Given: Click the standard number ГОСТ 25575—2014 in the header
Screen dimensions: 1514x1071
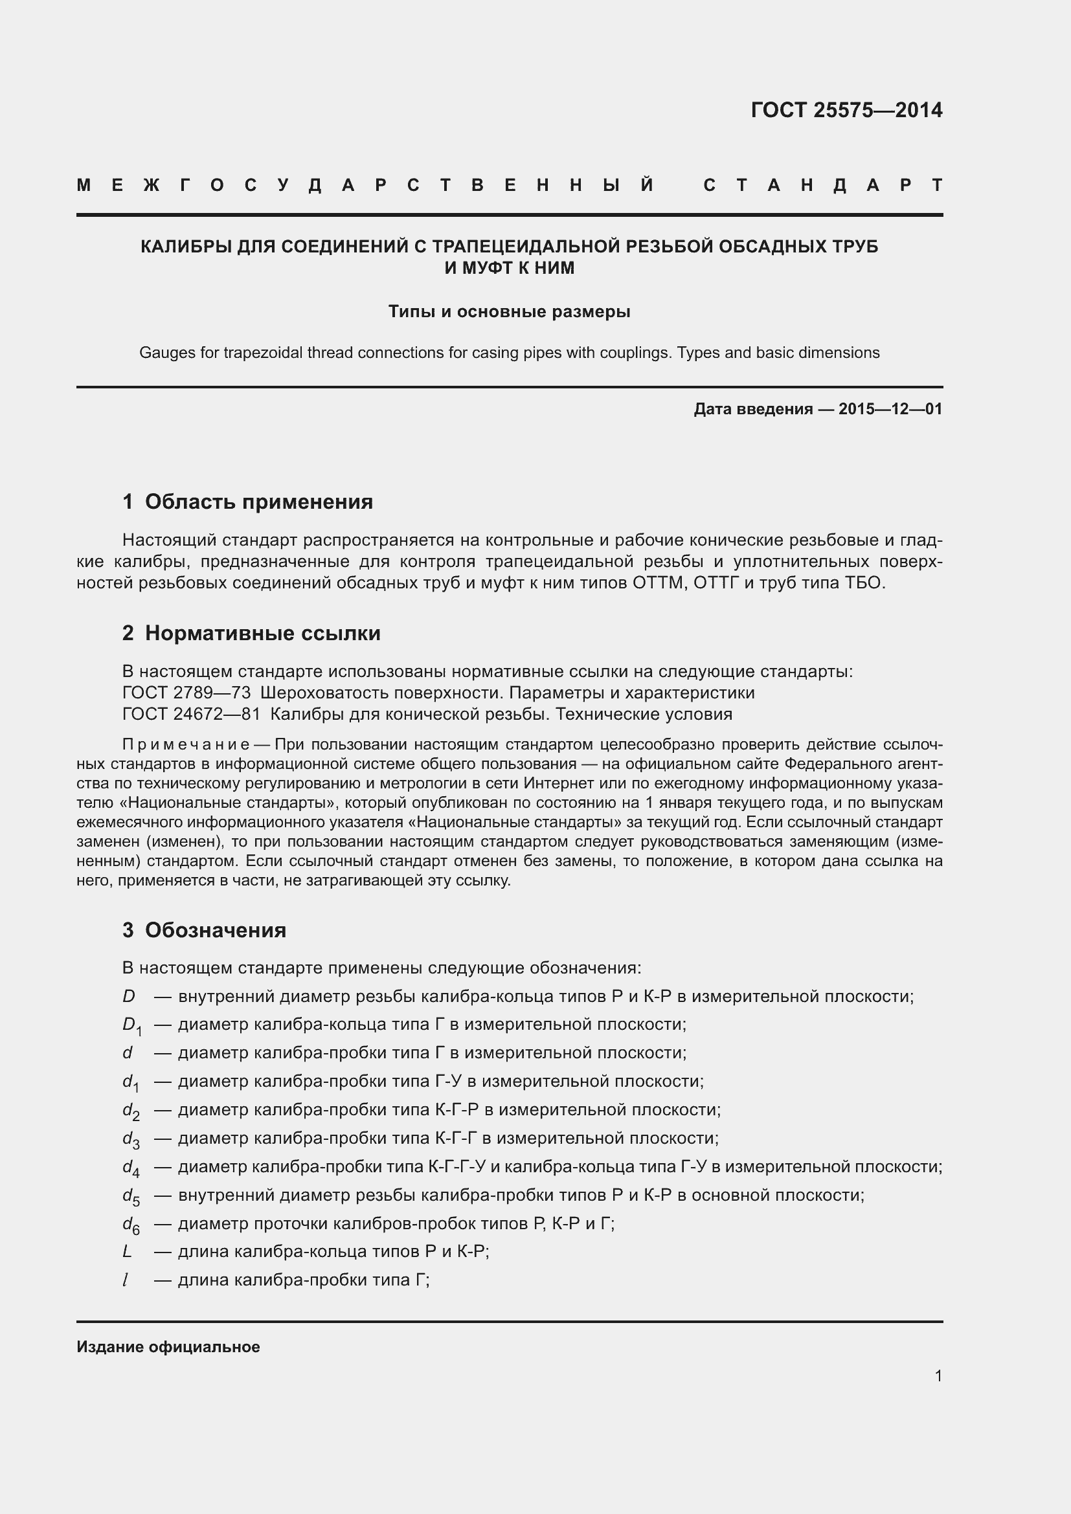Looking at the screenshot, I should pos(846,110).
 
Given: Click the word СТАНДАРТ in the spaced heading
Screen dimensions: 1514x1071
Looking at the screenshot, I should pos(822,185).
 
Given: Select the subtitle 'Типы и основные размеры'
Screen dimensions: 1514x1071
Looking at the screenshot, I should pos(509,311).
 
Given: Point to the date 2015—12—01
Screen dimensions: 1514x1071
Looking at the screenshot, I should pos(890,409).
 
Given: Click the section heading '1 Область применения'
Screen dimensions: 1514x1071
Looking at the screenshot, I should pos(247,502).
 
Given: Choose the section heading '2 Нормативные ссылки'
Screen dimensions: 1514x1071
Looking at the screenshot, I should pos(251,633).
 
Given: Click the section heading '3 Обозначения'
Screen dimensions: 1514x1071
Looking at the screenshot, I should pos(204,930).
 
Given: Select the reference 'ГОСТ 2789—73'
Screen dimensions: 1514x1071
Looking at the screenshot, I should pos(186,693).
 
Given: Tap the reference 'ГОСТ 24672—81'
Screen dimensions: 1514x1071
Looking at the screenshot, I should pos(191,714).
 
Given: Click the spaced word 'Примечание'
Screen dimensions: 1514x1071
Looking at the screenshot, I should pos(185,744).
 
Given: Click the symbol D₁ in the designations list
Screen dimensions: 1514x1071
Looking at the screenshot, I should pos(131,1025).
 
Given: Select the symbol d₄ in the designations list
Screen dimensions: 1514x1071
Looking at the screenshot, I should pos(131,1168).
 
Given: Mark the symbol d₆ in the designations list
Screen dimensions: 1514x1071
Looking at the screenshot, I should pos(131,1225).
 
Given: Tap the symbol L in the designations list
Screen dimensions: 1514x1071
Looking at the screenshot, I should pos(128,1252).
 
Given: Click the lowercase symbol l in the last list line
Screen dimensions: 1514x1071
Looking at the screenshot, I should pos(126,1280).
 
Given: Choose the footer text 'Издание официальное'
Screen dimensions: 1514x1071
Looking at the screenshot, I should pos(168,1347).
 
